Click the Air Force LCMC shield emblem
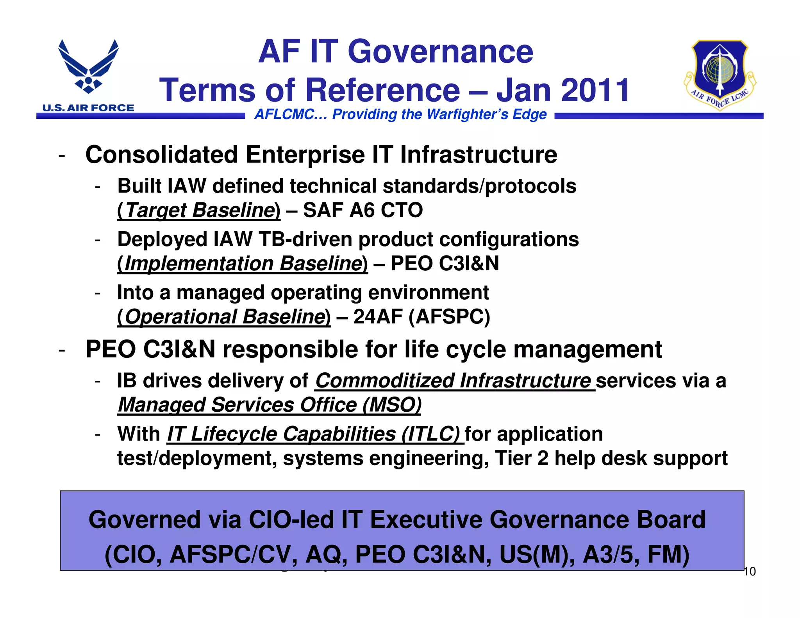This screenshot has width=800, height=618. pos(720,74)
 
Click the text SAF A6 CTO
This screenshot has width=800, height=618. pos(363,210)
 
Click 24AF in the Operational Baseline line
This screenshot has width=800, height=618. pos(377,316)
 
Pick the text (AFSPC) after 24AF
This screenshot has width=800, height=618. pos(449,316)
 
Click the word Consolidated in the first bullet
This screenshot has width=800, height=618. pos(161,155)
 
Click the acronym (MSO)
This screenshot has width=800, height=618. pos(392,405)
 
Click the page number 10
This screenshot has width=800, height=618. pos(750,572)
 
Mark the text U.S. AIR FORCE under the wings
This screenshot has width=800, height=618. pos(88,108)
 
